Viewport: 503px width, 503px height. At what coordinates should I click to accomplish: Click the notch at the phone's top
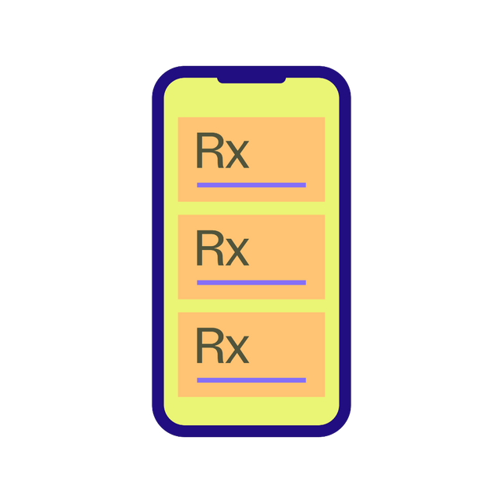251,80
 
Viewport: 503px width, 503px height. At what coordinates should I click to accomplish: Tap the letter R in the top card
210,150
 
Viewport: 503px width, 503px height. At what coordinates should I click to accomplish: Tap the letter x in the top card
237,155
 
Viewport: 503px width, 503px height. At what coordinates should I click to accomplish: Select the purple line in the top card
251,185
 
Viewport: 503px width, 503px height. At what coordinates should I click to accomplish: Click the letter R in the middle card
210,248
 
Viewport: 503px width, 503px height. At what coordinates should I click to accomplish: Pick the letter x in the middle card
237,252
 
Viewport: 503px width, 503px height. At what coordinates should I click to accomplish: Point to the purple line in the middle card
251,283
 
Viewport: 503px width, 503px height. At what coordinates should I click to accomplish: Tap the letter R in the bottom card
210,346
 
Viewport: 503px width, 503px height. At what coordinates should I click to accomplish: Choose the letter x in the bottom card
237,350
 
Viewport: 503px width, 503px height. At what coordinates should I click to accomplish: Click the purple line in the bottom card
251,380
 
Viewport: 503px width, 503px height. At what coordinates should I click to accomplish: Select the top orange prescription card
251,160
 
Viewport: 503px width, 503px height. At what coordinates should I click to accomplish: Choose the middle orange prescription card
251,257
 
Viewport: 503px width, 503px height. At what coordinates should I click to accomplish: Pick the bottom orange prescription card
251,354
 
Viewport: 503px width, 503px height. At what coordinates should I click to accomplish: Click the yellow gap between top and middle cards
251,208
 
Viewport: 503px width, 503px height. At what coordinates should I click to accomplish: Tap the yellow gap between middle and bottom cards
251,306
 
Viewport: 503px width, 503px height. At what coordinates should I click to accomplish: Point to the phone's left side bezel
158,251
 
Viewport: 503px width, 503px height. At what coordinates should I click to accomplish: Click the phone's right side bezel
345,251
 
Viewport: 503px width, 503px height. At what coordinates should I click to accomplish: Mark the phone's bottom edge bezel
251,431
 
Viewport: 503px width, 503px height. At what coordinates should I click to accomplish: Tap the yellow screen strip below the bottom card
251,411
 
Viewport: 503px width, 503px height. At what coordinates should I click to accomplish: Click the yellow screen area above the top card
251,100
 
